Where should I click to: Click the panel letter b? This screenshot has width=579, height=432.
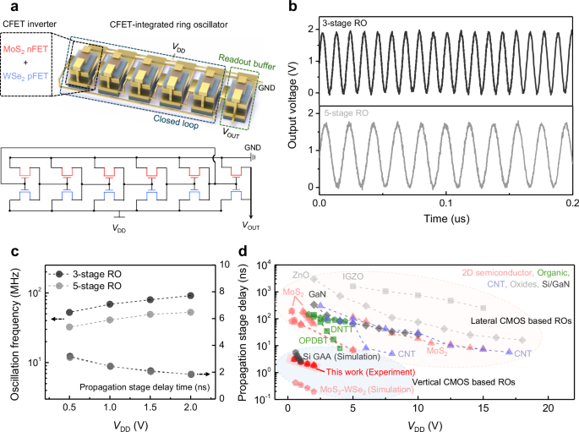click(292, 8)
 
